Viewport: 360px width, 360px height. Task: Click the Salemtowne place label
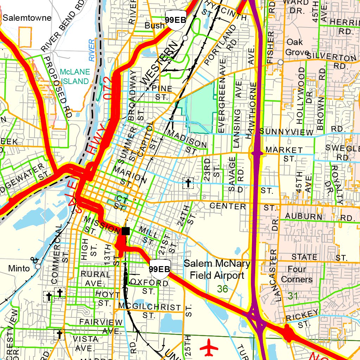27,18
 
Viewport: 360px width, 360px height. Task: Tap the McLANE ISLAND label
75,76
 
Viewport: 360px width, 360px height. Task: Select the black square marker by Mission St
126,231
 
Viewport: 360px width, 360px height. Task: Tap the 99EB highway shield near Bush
175,19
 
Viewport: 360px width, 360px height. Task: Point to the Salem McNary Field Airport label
217,269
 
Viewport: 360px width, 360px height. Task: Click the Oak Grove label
294,47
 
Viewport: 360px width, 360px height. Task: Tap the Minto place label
19,269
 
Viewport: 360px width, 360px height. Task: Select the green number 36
223,289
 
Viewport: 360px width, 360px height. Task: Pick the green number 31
293,296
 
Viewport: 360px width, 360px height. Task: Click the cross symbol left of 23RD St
188,183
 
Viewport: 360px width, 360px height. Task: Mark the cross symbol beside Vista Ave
59,335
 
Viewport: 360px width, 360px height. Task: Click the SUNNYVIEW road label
286,132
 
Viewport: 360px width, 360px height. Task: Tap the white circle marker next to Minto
38,266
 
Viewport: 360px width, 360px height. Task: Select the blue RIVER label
92,50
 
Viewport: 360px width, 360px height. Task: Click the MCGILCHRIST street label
150,307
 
